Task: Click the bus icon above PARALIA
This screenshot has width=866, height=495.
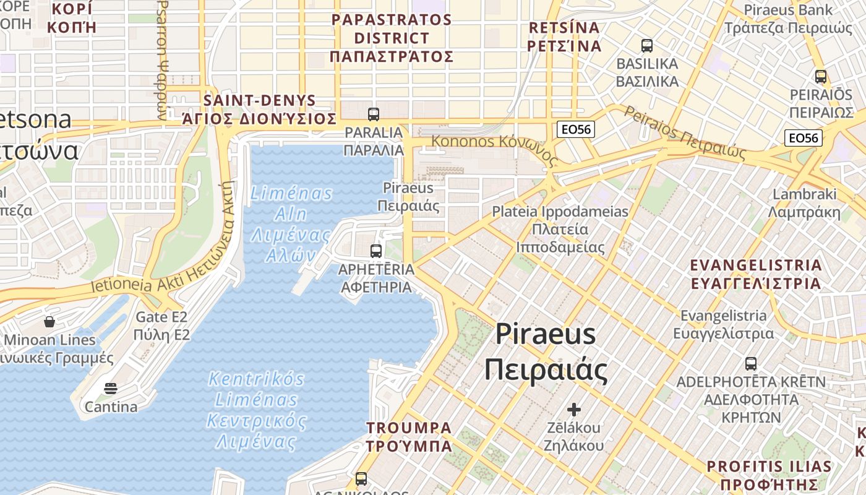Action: [x=374, y=114]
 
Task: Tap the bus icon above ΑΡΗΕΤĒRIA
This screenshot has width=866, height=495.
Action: [x=375, y=251]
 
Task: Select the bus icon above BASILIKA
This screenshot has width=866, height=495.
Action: [x=647, y=45]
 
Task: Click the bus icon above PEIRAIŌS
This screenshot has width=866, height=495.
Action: [x=821, y=77]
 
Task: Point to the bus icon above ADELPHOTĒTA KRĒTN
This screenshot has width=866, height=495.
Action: [x=751, y=363]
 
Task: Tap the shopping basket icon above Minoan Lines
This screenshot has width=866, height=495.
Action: [x=49, y=322]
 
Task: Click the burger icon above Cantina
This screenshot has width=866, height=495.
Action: [x=111, y=389]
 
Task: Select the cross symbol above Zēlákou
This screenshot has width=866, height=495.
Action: [x=574, y=409]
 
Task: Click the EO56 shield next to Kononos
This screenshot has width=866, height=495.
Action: [x=575, y=129]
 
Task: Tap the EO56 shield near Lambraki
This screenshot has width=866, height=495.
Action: [x=804, y=137]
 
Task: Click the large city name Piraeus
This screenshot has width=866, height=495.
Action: [x=546, y=335]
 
